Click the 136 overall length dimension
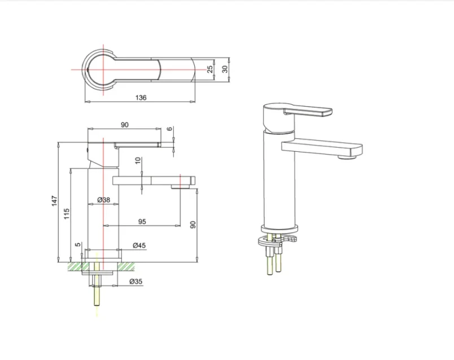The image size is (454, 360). pos(141,98)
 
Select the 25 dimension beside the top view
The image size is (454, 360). pos(210,68)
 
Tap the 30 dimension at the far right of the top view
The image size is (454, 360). pos(224,68)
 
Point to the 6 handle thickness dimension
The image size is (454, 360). pos(169,129)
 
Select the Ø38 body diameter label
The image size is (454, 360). pos(103,200)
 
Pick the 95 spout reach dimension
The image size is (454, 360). pos(142,222)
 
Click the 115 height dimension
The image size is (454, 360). pos(66,214)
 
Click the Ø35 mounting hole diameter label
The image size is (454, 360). pos(136,280)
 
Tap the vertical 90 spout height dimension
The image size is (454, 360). pos(193,224)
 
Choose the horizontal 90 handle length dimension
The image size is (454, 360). pos(125,125)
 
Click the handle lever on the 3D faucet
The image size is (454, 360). pos(308,111)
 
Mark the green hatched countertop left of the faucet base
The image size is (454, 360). pos(75,266)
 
